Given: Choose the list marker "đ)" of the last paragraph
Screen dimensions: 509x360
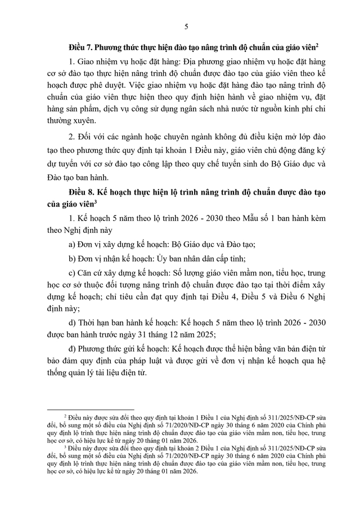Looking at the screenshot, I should coord(71,351).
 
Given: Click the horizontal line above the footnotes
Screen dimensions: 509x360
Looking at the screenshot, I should coord(91,410).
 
